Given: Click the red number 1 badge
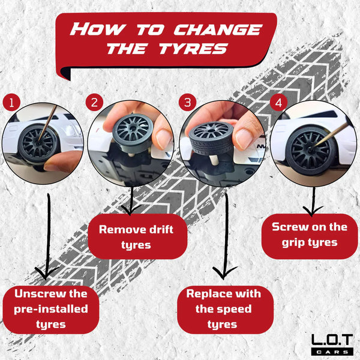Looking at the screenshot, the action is [11, 103].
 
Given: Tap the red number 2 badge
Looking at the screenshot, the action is [94, 103].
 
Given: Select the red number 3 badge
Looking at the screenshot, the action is [188, 103].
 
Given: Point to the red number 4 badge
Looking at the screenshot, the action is [279, 103].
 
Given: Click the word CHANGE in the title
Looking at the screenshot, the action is [218, 29].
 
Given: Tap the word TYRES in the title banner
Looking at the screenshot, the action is [194, 49].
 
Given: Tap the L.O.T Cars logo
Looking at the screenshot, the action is [332, 344].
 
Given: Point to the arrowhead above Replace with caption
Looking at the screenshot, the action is [224, 273].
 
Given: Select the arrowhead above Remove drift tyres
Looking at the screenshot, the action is [130, 209].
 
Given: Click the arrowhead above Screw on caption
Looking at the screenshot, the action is [312, 211].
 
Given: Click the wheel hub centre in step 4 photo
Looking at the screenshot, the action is [310, 149].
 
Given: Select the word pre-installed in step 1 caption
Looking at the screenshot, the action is [51, 310].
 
